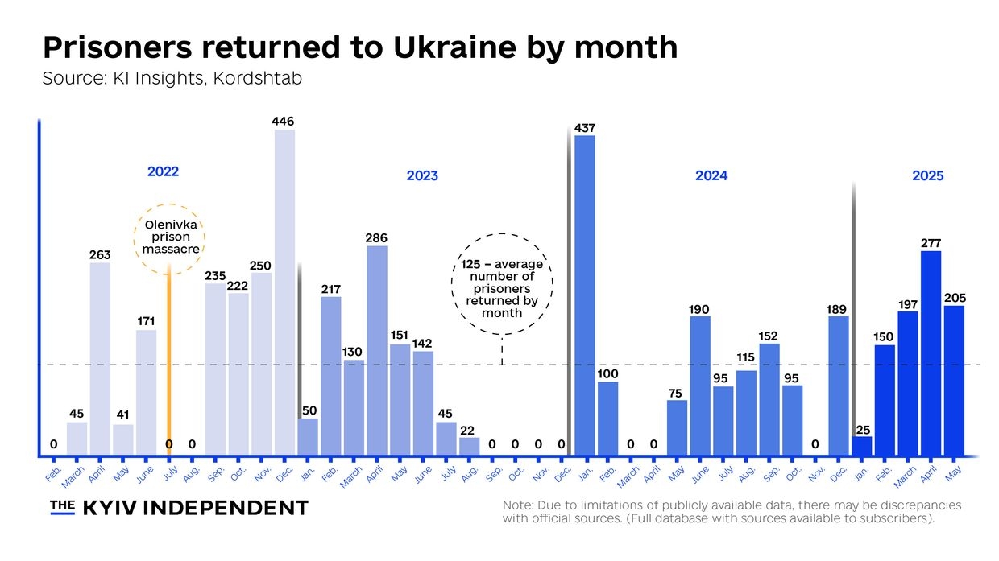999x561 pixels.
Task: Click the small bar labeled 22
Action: tap(470, 445)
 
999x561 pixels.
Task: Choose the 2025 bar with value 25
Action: tap(862, 444)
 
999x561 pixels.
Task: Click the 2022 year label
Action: tap(163, 171)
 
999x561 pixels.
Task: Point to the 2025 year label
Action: tap(927, 175)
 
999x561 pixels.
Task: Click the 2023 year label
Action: tap(422, 175)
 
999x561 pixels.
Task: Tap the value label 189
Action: tap(838, 308)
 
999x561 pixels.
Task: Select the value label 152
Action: tap(769, 336)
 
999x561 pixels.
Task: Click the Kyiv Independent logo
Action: tap(179, 507)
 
